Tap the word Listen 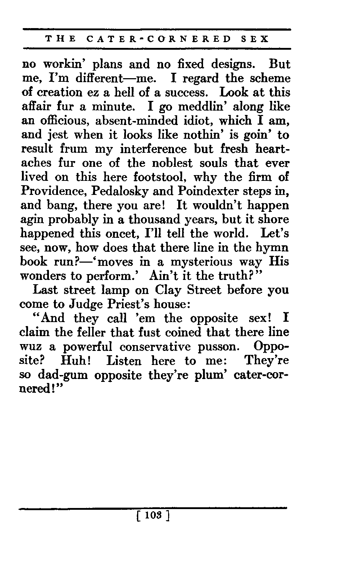click(124, 361)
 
